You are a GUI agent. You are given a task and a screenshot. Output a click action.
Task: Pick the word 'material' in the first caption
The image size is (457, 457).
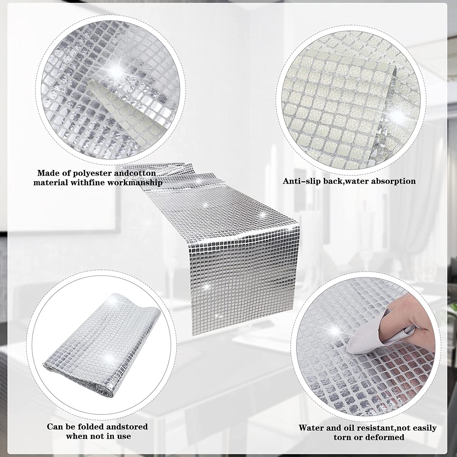[x=51, y=183]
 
